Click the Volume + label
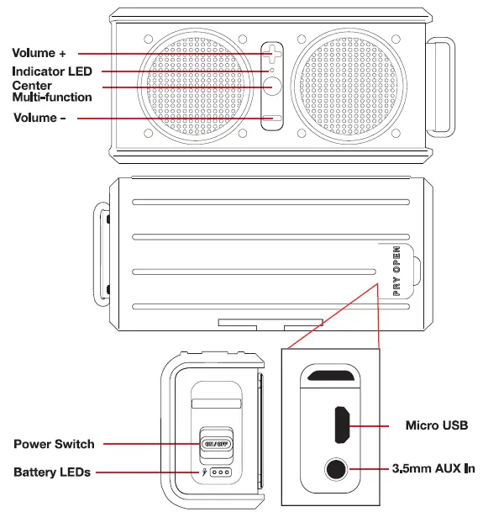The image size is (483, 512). (x=39, y=52)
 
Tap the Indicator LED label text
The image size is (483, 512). (x=52, y=71)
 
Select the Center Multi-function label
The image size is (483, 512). (x=52, y=91)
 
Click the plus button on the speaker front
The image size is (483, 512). (x=271, y=55)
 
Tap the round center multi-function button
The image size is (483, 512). (x=271, y=87)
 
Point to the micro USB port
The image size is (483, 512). (x=342, y=425)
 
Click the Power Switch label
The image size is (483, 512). (x=54, y=443)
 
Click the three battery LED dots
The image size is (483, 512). (x=223, y=472)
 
